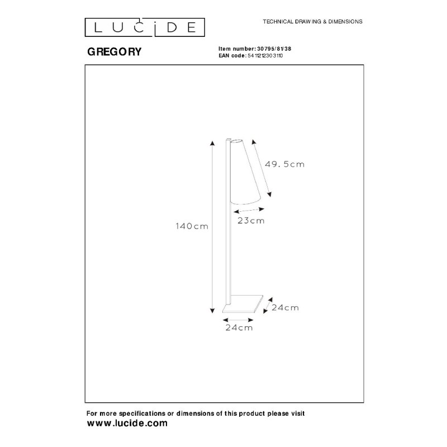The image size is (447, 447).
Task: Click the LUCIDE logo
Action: click(x=145, y=27)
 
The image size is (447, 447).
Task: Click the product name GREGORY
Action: click(x=115, y=51)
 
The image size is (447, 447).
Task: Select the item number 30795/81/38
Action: click(x=274, y=49)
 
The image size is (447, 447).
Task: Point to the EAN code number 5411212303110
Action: click(x=265, y=55)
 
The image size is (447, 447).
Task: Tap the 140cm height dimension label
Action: click(x=192, y=226)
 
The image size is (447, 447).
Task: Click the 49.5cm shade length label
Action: click(x=284, y=164)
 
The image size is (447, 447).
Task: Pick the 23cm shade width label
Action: click(x=251, y=221)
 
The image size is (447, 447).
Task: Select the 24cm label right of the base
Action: click(x=285, y=308)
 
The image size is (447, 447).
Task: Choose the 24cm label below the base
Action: click(x=239, y=328)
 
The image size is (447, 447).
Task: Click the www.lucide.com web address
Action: click(x=127, y=423)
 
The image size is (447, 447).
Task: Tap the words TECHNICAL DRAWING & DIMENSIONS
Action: click(x=312, y=22)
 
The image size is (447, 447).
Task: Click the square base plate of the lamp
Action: click(x=243, y=304)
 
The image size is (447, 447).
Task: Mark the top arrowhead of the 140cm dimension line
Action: click(x=212, y=143)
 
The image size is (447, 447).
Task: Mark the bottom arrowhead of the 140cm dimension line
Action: click(x=212, y=311)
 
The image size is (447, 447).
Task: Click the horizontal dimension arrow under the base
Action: click(x=238, y=320)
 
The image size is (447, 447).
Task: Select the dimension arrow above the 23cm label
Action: click(x=249, y=211)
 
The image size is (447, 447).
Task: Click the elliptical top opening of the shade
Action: click(x=236, y=141)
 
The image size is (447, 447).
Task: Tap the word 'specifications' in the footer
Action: click(x=142, y=413)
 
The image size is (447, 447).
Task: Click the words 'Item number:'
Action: click(x=237, y=49)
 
